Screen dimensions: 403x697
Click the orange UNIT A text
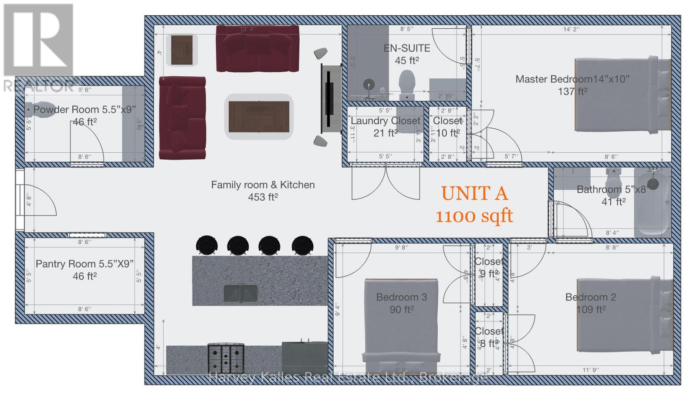click(474, 194)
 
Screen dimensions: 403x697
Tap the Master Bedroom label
click(572, 79)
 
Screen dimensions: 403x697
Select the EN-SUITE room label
click(406, 48)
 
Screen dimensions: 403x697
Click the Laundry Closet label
click(386, 121)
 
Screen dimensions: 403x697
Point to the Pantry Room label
click(85, 264)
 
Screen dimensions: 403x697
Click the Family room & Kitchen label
click(263, 185)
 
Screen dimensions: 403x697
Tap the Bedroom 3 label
click(401, 297)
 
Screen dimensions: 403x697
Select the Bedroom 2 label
click(590, 297)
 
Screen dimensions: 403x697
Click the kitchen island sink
click(240, 293)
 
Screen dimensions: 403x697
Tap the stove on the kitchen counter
click(226, 358)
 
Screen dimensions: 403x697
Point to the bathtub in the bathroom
click(652, 202)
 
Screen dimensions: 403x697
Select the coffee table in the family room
click(259, 116)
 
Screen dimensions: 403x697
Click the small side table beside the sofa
click(182, 50)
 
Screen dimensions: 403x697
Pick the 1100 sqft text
click(474, 216)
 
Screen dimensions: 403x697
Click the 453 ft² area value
click(263, 197)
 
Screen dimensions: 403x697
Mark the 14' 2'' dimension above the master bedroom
click(571, 29)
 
